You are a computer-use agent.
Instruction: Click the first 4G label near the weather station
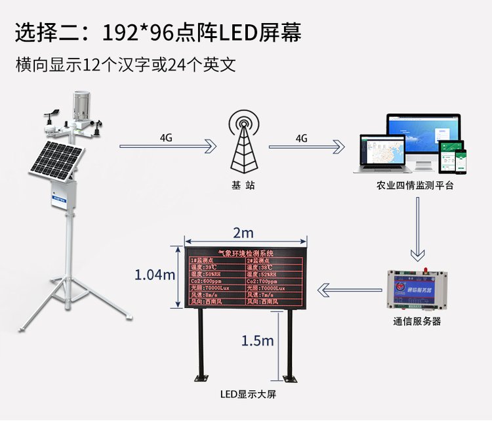pyautogui.click(x=166, y=139)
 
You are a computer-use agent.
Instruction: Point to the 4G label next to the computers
pyautogui.click(x=302, y=139)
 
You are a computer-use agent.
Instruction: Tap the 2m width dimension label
pyautogui.click(x=242, y=233)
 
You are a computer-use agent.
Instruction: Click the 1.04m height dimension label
pyautogui.click(x=155, y=275)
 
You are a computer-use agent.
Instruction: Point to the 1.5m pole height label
pyautogui.click(x=257, y=340)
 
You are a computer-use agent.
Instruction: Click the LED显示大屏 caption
pyautogui.click(x=243, y=395)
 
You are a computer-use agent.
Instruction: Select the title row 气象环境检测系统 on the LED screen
pyautogui.click(x=245, y=253)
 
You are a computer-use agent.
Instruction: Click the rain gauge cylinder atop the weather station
pyautogui.click(x=83, y=105)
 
